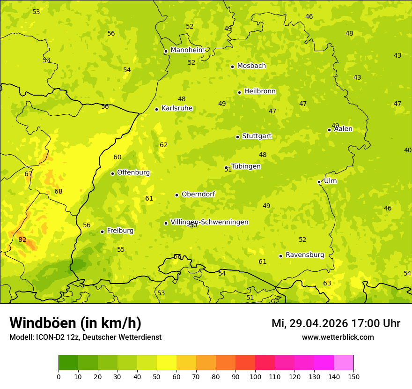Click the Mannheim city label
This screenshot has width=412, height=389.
point(187,50)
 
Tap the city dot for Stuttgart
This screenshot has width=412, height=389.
point(237,137)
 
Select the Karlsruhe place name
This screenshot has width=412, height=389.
point(177,108)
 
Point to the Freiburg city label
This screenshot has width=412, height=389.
point(120,231)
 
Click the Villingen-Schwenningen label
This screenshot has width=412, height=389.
point(209,222)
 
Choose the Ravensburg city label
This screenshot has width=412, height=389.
point(305,255)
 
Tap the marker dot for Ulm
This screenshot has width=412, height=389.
point(319,182)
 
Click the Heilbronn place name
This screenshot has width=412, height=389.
point(260,91)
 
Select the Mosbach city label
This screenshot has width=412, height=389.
point(251,66)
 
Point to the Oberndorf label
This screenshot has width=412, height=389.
point(198,194)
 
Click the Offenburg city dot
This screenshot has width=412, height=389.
point(112,173)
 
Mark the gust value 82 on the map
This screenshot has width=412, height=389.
point(22,240)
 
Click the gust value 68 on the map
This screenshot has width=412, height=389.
point(59,192)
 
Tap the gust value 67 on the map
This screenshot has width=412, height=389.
point(29,174)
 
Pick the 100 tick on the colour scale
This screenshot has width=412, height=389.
point(255,376)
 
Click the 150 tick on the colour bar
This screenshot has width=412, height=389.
point(353,376)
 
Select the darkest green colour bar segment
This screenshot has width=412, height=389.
point(68,363)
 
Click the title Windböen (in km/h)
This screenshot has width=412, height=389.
point(75,323)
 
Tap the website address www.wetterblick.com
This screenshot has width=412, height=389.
point(338,337)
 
